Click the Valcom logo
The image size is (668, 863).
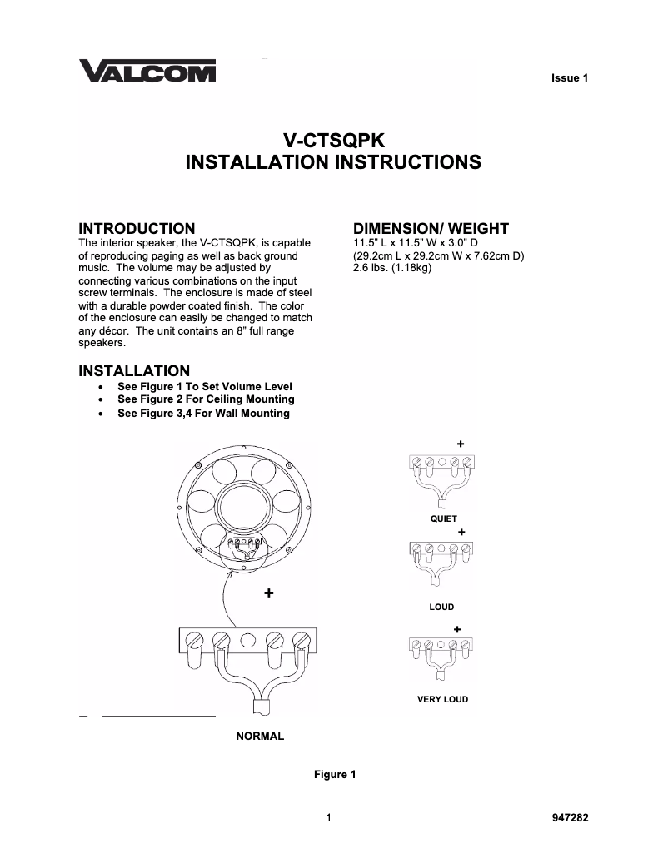tap(147, 72)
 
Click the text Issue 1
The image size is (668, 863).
tap(570, 78)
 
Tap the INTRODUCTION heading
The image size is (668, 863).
tap(137, 228)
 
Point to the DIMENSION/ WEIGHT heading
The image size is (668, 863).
tap(431, 228)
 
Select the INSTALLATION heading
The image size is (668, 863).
tap(133, 370)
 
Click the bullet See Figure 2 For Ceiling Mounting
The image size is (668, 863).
tap(206, 399)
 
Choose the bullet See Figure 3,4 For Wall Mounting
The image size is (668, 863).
tap(203, 413)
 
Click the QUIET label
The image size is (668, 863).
tap(443, 518)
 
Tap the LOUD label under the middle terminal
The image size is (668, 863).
tap(441, 608)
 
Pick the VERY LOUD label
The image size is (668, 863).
tap(442, 699)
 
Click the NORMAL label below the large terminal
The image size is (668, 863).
tap(260, 736)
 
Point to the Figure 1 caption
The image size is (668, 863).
tap(334, 775)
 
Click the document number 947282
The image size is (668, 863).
tap(570, 817)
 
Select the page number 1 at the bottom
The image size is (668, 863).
tap(330, 817)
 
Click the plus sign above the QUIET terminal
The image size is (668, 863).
tap(460, 443)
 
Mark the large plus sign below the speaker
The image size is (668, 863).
tap(268, 593)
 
